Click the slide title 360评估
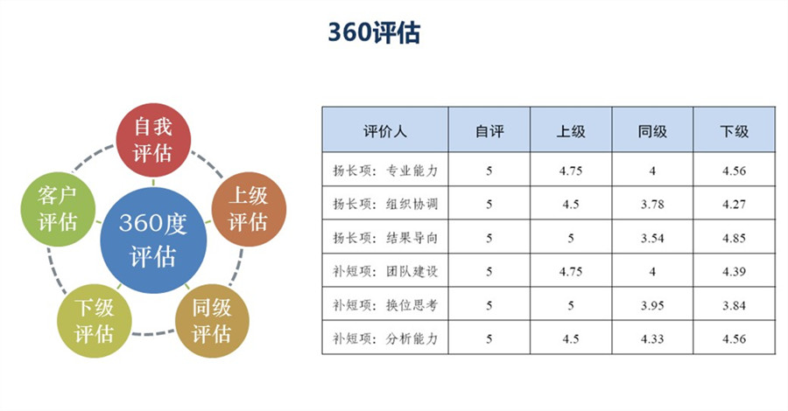(x=374, y=33)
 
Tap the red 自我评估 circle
(x=153, y=140)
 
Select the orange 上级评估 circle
(x=249, y=209)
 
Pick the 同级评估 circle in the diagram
(x=212, y=321)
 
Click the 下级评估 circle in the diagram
(x=95, y=321)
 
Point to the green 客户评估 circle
(x=58, y=209)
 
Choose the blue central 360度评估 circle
(x=153, y=240)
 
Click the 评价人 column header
(x=385, y=131)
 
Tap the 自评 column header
(x=489, y=131)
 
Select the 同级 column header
(x=652, y=131)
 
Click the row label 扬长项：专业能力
(x=385, y=171)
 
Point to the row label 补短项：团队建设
(x=385, y=271)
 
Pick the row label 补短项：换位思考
(x=385, y=305)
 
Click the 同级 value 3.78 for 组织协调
(x=652, y=205)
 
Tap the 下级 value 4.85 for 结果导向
(x=734, y=238)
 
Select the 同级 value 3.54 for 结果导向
(x=652, y=238)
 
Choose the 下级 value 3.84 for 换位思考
(x=734, y=305)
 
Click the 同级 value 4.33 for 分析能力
(x=652, y=338)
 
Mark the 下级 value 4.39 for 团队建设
(x=734, y=271)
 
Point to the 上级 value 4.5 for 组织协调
(x=571, y=205)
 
